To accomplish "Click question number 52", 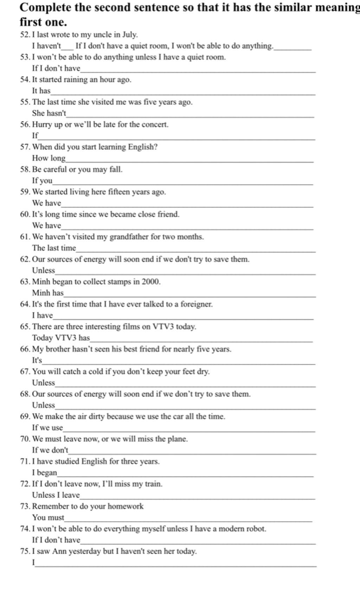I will coord(25,35).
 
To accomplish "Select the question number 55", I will coord(25,102).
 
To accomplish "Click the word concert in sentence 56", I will coord(155,125).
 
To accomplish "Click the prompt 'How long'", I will coord(49,158).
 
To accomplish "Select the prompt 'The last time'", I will coord(54,248).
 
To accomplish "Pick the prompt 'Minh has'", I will coord(48,293).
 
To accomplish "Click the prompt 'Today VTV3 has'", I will coord(61,338).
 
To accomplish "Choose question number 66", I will coord(25,349).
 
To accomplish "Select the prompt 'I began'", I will coord(44,473).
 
